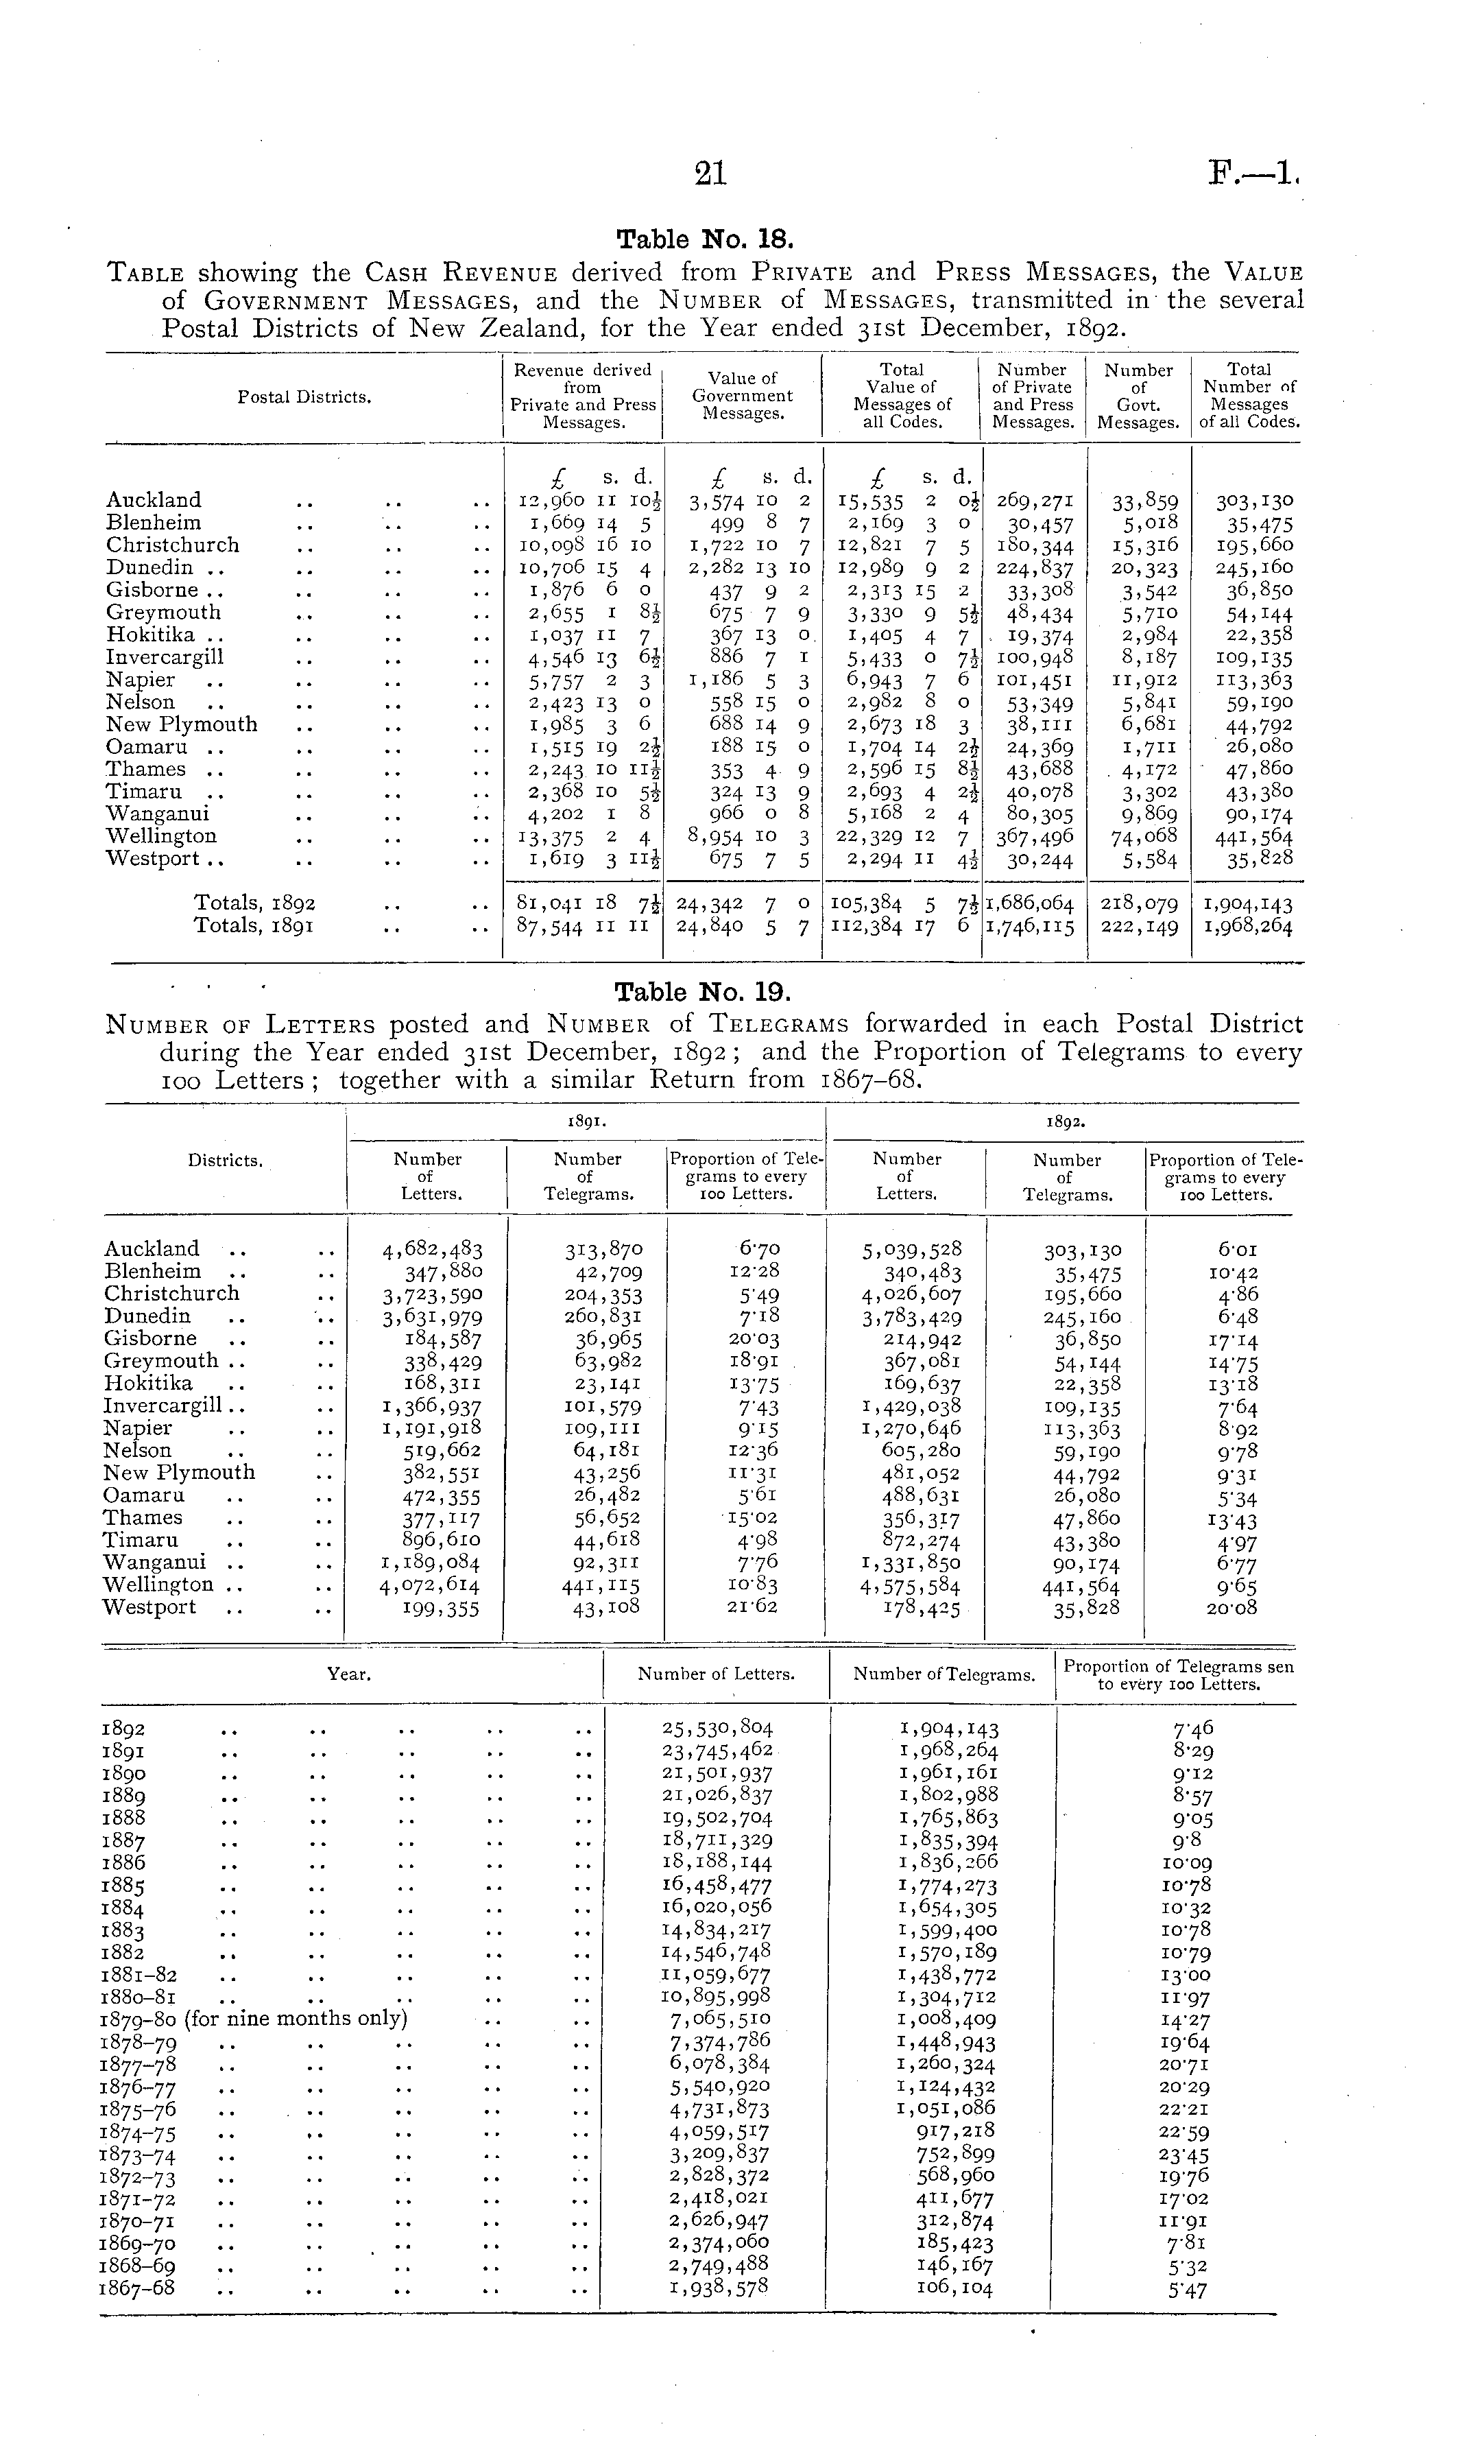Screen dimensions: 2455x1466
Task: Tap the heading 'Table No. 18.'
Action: coord(704,240)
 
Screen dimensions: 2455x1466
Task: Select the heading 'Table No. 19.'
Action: coord(704,992)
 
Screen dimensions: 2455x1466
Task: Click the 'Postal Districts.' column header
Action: coord(304,397)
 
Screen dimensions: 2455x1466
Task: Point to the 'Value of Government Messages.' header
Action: coord(742,395)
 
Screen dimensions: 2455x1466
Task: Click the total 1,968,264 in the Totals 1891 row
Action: coord(1248,927)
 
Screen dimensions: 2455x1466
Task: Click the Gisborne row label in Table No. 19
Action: coord(150,1339)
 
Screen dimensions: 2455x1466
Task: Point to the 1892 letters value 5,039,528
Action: coord(911,1250)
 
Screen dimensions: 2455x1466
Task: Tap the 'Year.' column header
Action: coord(349,1674)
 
